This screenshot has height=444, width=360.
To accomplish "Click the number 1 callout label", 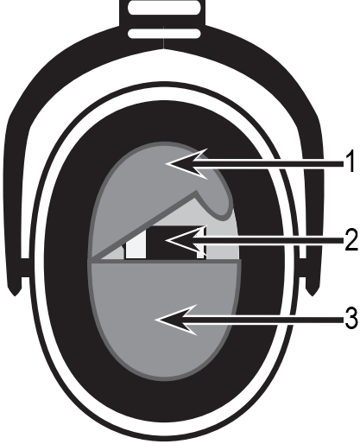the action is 350,162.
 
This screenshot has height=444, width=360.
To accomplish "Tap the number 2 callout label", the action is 351,239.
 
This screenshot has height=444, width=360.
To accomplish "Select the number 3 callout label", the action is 351,319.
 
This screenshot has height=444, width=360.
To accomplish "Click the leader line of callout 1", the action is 267,164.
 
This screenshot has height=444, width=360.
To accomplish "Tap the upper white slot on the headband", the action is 164,8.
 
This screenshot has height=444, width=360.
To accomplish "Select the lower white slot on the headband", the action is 164,34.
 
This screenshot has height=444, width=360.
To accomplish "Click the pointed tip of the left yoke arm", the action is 15,295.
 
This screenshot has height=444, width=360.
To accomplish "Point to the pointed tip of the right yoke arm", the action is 313,295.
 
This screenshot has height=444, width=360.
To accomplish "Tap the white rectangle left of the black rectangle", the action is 136,244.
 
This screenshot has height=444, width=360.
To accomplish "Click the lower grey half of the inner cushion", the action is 164,317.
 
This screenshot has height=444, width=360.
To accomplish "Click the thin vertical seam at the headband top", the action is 164,37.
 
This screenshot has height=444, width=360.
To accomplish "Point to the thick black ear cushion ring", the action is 66,259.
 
